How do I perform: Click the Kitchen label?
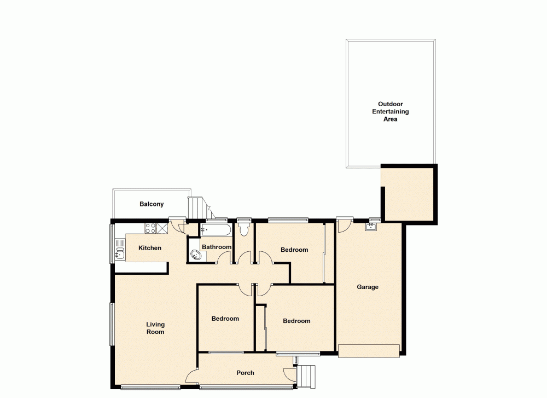[149, 248]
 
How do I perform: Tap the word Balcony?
[152, 204]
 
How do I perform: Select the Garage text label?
[368, 287]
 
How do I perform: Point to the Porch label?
[245, 373]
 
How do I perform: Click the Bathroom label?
[217, 247]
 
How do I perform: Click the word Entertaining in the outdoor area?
[391, 112]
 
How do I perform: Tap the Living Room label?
[155, 328]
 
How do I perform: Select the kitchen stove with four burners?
[149, 228]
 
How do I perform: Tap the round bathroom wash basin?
[195, 254]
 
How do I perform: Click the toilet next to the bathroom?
[243, 229]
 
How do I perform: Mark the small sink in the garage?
[372, 227]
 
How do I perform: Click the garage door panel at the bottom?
[369, 351]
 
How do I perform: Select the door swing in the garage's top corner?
[344, 225]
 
